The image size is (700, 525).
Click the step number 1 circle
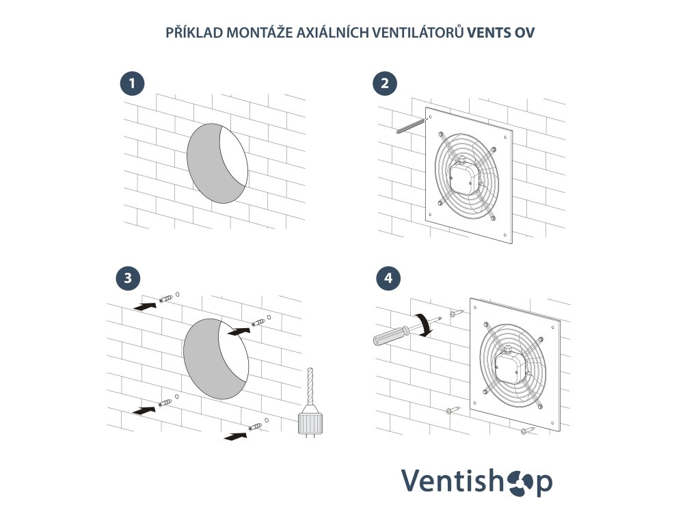132,83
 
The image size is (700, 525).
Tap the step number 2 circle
385,83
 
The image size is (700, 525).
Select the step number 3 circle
128,278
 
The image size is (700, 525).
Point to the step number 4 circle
388,278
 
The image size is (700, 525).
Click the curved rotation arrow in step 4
424,324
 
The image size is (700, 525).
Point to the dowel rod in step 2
409,126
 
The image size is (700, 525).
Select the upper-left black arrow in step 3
146,306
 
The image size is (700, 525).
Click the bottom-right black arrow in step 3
235,435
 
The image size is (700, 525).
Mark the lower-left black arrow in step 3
145,410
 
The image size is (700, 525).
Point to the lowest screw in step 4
528,431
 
